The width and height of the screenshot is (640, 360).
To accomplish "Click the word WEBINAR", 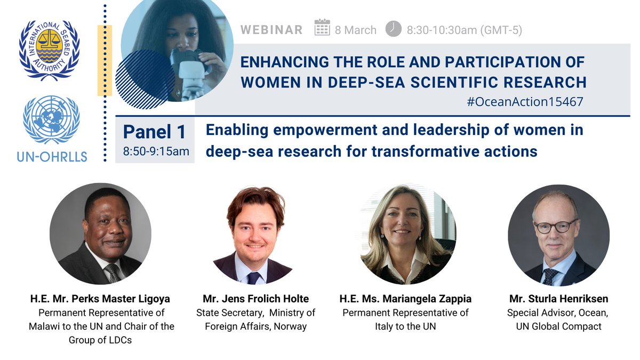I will tap(271, 30).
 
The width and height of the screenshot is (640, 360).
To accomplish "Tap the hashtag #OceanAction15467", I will tap(525, 101).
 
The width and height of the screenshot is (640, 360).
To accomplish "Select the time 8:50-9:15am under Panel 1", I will tap(156, 151).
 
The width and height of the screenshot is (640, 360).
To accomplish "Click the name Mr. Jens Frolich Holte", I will tap(255, 299).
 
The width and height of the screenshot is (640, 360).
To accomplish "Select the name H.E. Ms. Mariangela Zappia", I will tap(405, 299).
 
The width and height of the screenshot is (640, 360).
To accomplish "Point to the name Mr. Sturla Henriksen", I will tap(558, 299).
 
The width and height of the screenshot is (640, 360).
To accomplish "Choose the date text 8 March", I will tap(356, 30).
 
